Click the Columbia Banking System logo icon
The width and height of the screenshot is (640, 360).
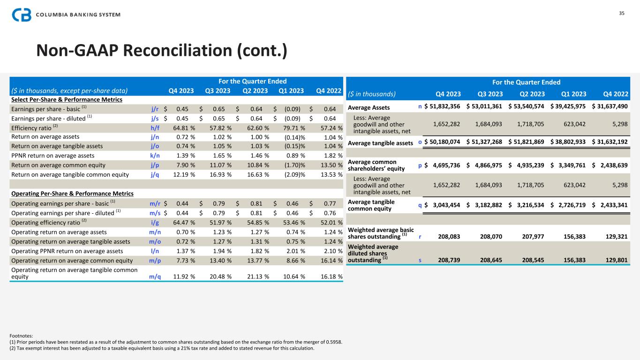click(22, 15)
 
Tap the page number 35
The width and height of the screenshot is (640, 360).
click(622, 13)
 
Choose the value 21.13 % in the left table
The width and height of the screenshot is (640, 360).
click(256, 277)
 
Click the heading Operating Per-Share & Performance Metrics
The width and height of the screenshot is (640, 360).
click(72, 194)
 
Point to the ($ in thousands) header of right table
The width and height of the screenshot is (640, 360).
click(372, 93)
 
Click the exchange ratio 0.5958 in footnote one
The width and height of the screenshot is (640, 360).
click(333, 342)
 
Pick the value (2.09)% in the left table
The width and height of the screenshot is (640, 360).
click(294, 174)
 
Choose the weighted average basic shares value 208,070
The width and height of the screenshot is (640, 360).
click(489, 237)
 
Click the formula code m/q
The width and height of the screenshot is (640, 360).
click(155, 277)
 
